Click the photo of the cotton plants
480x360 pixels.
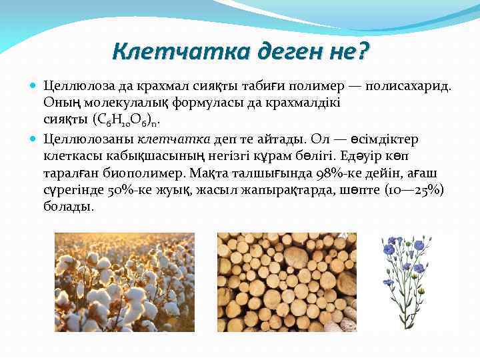point(124,282)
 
